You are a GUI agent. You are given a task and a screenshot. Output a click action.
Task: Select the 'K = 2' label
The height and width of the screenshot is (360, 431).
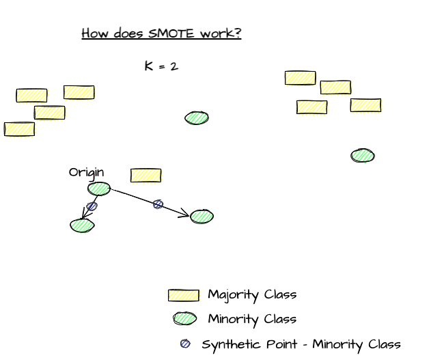(161, 66)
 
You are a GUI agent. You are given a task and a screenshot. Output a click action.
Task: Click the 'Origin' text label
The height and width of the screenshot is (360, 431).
(86, 172)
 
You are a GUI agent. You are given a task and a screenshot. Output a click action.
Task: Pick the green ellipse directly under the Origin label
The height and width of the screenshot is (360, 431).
(98, 189)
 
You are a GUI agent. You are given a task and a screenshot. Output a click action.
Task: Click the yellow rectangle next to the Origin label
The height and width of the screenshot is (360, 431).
(145, 176)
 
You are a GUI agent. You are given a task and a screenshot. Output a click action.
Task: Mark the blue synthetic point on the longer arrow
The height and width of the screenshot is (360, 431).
(158, 204)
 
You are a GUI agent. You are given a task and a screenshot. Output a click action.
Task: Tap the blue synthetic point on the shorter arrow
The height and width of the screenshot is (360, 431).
(92, 206)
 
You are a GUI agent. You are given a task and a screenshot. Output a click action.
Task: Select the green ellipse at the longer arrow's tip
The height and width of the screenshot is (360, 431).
(201, 217)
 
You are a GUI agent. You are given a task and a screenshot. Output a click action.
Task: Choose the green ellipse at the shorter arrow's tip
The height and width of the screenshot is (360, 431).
(82, 225)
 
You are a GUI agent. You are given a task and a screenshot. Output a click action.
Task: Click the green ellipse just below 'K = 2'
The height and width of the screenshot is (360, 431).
(197, 117)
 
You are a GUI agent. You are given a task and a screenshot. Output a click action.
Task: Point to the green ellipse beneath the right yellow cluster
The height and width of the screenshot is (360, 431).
(362, 156)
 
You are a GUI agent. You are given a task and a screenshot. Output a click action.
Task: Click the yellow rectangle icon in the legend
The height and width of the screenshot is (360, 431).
(183, 295)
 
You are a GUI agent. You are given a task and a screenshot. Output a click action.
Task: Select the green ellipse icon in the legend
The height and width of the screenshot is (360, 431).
(184, 318)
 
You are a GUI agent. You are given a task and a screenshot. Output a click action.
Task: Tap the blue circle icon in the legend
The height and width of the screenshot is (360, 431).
(185, 344)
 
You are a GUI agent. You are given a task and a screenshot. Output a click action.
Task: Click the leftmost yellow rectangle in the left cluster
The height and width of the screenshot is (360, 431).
(19, 129)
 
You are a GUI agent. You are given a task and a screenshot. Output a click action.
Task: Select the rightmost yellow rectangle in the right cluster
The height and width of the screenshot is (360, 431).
(365, 105)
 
